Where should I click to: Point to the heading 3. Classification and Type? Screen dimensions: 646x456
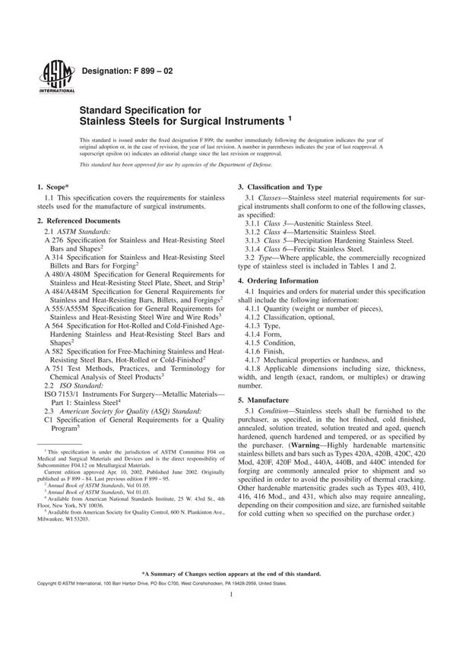click(x=280, y=186)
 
